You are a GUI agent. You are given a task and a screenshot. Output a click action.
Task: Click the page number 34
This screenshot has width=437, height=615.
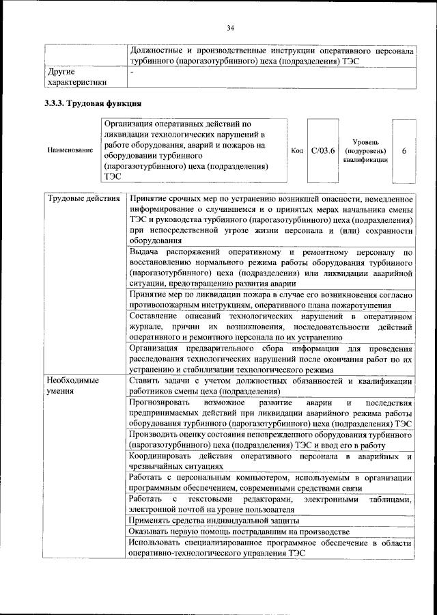(230, 27)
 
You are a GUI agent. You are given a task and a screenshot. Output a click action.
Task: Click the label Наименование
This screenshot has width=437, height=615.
(70, 150)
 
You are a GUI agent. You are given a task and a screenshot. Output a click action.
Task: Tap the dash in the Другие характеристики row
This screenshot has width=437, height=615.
(132, 71)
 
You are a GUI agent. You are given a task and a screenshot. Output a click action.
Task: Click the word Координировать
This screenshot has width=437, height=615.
(163, 456)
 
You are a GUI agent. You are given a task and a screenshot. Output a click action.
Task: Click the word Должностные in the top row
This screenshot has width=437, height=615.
(158, 51)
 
